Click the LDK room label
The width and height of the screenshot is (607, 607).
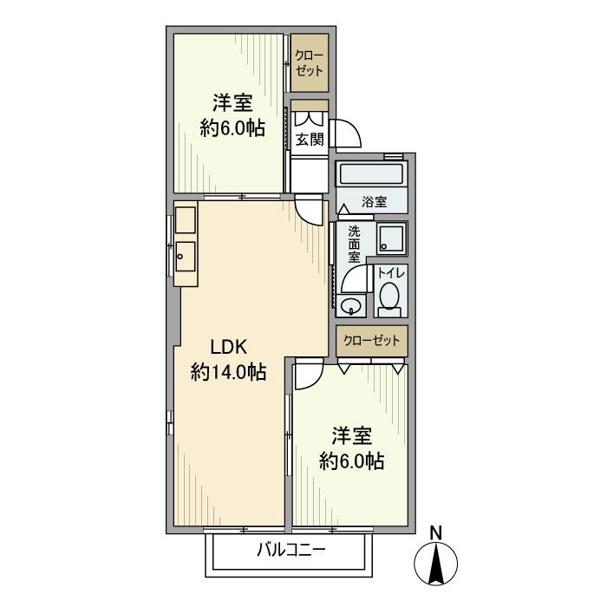tap(228, 347)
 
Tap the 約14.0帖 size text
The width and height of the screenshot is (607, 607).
tap(228, 372)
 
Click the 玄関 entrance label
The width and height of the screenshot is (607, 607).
tap(310, 140)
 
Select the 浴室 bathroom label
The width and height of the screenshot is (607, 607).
tap(375, 202)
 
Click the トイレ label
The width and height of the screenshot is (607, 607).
tap(391, 273)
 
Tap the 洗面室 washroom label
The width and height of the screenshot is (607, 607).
tap(354, 245)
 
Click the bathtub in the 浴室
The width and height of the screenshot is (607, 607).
tap(372, 174)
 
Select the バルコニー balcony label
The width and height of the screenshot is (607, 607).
tap(291, 550)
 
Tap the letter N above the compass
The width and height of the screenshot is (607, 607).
tap(436, 533)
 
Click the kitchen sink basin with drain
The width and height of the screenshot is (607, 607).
tap(185, 257)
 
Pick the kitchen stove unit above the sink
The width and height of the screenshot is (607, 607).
tap(185, 220)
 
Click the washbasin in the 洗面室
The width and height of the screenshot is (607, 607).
tap(351, 306)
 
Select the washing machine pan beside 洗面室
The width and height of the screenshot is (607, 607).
tap(391, 238)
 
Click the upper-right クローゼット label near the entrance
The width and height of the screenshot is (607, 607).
tap(309, 63)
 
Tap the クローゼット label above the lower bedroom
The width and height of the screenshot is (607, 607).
tap(372, 341)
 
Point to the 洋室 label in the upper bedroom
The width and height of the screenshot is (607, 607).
tap(232, 102)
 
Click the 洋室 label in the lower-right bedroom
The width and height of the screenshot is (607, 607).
tap(351, 436)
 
